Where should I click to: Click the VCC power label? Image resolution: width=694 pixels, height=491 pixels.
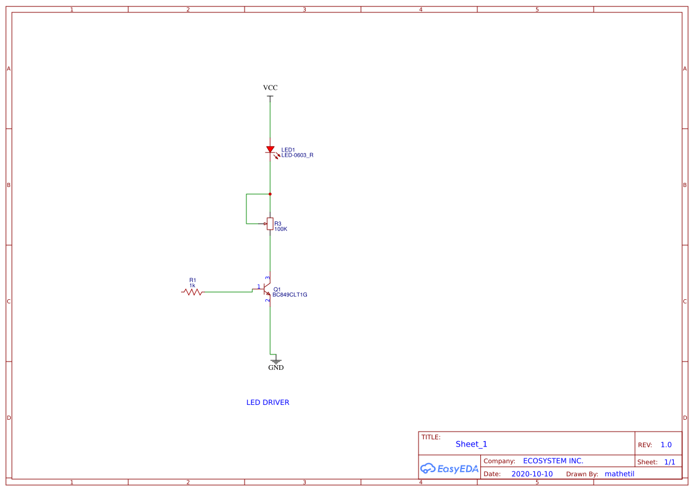click(270, 88)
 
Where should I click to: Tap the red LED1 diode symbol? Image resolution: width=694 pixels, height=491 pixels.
click(270, 150)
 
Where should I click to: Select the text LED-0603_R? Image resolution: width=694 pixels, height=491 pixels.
click(297, 156)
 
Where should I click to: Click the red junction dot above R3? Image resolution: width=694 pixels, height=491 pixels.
click(270, 194)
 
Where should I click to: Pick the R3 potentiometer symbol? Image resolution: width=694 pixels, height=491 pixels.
click(270, 224)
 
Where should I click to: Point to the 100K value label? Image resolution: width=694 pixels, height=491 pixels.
click(281, 229)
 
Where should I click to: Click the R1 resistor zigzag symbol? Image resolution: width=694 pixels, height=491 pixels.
click(192, 292)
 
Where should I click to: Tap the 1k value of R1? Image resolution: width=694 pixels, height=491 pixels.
click(192, 286)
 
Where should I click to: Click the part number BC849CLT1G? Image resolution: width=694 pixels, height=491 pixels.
click(290, 294)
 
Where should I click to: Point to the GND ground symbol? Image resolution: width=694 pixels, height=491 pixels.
click(275, 360)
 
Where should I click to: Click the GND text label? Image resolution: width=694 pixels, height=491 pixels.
click(276, 368)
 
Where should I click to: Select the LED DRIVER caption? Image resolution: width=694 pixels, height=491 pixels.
click(268, 403)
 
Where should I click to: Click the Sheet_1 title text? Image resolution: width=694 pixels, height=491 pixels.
click(471, 444)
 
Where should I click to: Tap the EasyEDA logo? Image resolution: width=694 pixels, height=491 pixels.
click(449, 468)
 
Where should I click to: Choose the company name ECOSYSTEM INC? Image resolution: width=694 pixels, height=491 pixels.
click(553, 461)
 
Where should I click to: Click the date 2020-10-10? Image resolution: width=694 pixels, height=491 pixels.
click(532, 474)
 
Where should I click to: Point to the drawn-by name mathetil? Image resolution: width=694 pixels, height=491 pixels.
click(619, 474)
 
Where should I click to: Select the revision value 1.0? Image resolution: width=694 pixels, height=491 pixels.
click(666, 445)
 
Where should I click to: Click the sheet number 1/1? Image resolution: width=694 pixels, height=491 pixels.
click(669, 462)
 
